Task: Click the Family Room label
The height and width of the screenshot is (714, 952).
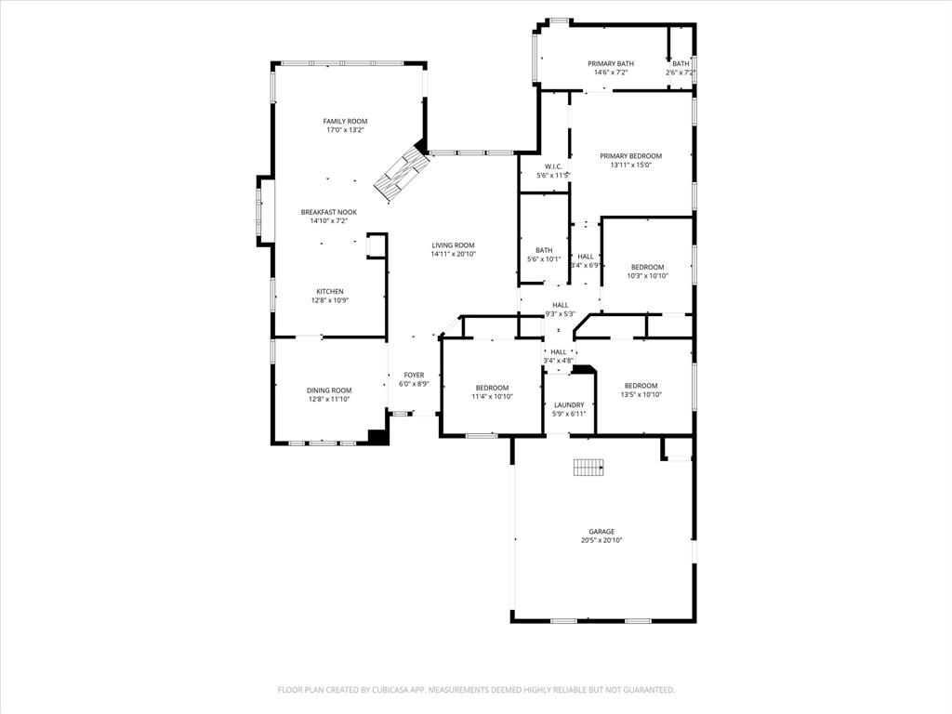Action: [x=345, y=121]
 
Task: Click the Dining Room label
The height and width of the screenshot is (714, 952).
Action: [x=329, y=390]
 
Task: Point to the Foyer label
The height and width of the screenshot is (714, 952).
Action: [x=414, y=375]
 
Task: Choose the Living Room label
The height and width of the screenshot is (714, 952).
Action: [x=453, y=245]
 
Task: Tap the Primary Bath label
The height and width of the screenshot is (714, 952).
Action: [x=611, y=63]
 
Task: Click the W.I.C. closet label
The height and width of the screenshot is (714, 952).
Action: [x=553, y=166]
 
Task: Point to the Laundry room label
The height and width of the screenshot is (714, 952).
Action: [x=569, y=404]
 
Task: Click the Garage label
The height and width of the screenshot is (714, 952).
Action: [x=601, y=532]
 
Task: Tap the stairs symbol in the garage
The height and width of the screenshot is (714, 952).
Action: [x=588, y=467]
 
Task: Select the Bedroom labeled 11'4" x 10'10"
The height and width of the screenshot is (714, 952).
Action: [x=492, y=388]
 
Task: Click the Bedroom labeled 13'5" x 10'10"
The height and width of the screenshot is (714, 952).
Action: [x=641, y=386]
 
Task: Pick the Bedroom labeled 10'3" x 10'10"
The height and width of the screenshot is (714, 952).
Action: [x=647, y=267]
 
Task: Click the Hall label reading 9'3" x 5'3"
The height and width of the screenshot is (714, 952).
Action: [x=560, y=305]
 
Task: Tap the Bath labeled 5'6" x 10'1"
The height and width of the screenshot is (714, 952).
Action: [x=543, y=250]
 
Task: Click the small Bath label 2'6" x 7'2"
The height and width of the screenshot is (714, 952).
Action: [x=681, y=63]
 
